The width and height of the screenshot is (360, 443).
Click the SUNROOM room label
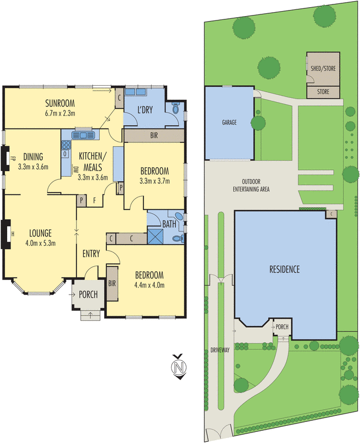pyautogui.click(x=60, y=103)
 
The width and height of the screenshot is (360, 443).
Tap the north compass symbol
pyautogui.click(x=179, y=367)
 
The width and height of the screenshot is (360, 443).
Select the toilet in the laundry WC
pyautogui.click(x=176, y=108)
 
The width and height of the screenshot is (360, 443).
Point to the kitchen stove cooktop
pyautogui.click(x=66, y=145)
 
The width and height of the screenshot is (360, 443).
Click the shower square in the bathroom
pyautogui.click(x=156, y=236)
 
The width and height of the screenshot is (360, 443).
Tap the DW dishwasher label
pyautogui.click(x=75, y=169)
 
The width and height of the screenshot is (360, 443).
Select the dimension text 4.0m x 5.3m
pyautogui.click(x=40, y=243)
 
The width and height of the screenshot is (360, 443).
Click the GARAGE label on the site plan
pyautogui.click(x=229, y=122)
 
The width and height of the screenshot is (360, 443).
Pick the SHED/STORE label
pyautogui.click(x=323, y=68)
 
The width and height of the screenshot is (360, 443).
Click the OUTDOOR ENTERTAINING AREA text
pyautogui.click(x=251, y=186)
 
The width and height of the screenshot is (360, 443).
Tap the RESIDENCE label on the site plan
pyautogui.click(x=284, y=269)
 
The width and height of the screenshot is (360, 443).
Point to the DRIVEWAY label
pyautogui.click(x=220, y=350)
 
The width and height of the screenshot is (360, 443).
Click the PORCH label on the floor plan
pyautogui.click(x=88, y=295)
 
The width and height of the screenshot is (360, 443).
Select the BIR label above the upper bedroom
pyautogui.click(x=154, y=136)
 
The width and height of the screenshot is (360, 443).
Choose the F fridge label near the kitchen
pyautogui.click(x=94, y=200)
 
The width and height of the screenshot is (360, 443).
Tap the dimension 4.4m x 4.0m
pyautogui.click(x=149, y=285)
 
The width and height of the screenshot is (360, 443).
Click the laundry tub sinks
pyautogui.click(x=135, y=92)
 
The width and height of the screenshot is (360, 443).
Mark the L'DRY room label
pyautogui.click(x=145, y=110)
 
